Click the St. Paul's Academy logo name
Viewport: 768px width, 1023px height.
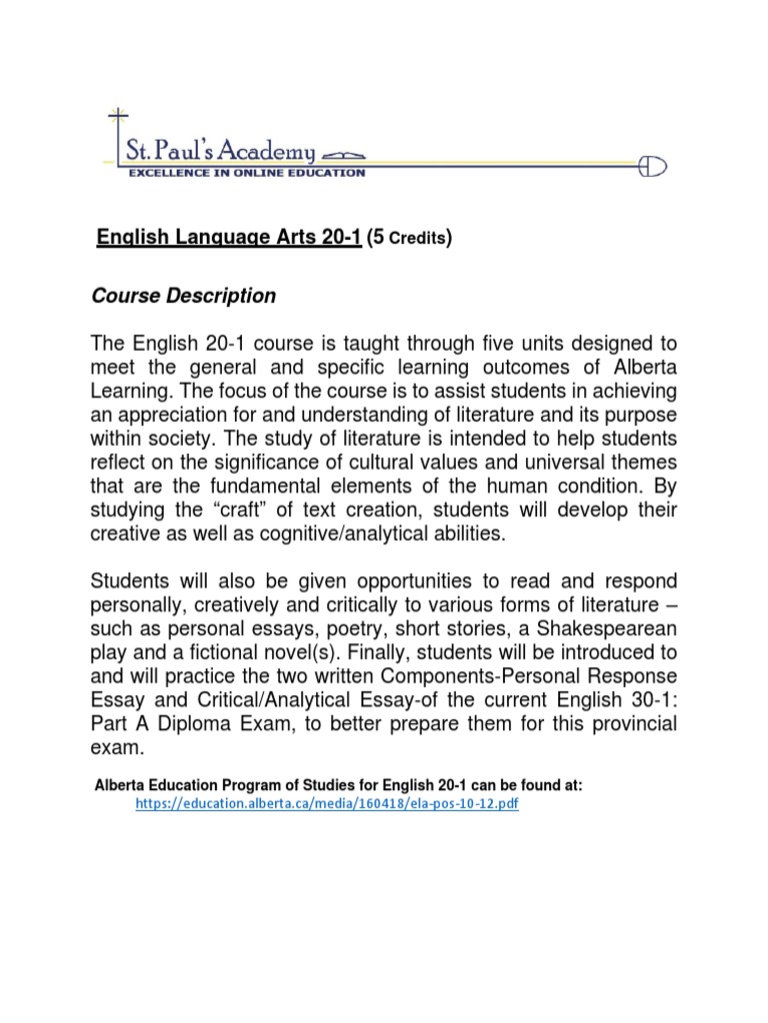[220, 151]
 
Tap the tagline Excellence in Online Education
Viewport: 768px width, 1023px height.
[245, 173]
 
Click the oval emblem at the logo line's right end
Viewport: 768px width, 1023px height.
[653, 166]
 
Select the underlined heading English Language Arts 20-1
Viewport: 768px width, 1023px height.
[228, 237]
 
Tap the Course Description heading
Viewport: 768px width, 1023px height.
[183, 297]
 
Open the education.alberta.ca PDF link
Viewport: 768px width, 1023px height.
[327, 803]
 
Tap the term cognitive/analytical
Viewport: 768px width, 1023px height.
[310, 534]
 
